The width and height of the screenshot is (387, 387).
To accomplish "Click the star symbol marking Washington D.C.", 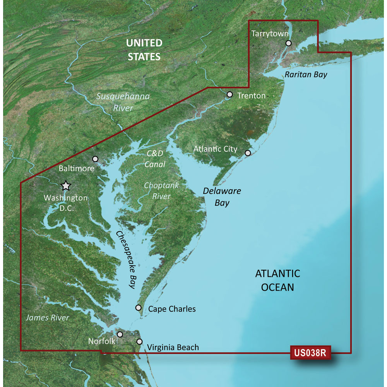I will point(66,186).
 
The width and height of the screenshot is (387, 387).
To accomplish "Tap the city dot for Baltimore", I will point(96,159).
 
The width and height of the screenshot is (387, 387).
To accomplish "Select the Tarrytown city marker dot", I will point(288,43).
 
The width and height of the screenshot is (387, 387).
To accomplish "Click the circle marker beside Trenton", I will point(229,94).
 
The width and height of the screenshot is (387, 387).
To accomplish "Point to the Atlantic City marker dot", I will point(248,153).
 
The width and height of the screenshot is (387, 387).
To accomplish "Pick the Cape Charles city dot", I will point(138,308).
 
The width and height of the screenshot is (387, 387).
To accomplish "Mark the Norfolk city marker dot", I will point(120,334).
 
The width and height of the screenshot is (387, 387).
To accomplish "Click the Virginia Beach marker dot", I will point(139,342).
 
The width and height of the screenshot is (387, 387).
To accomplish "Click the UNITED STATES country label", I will point(144,50).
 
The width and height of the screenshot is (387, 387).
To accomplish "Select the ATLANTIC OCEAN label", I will point(277,280).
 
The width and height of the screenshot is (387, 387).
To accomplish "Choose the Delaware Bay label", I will point(222,197).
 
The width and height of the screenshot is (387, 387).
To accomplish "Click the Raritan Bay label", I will point(306,75).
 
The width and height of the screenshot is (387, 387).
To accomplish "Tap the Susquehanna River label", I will point(123,102).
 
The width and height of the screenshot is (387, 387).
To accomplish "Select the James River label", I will point(47,318).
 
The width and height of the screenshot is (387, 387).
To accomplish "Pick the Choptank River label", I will point(161,191).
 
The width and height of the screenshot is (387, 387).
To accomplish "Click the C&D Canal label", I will point(155,159).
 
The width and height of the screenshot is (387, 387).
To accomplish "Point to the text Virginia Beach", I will point(173,347).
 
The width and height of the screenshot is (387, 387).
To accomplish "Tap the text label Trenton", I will point(252,95).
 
